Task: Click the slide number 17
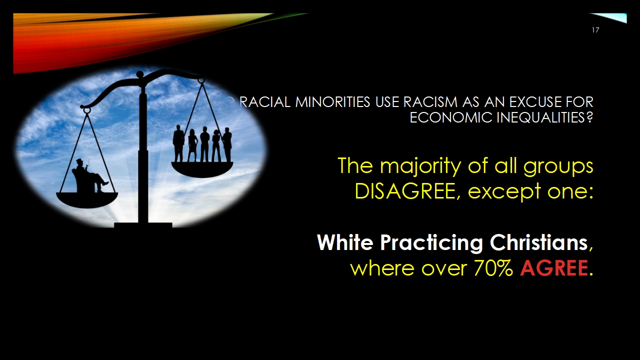[x=595, y=30]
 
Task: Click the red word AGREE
[x=554, y=268]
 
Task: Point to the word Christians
[x=538, y=242]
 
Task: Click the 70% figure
[x=493, y=268]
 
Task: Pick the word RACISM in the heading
[x=430, y=102]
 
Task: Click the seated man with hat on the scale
[x=89, y=175]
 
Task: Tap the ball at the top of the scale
[x=139, y=75]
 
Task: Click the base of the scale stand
[x=143, y=225]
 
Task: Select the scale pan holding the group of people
[x=202, y=169]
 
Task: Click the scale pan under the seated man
[x=87, y=199]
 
